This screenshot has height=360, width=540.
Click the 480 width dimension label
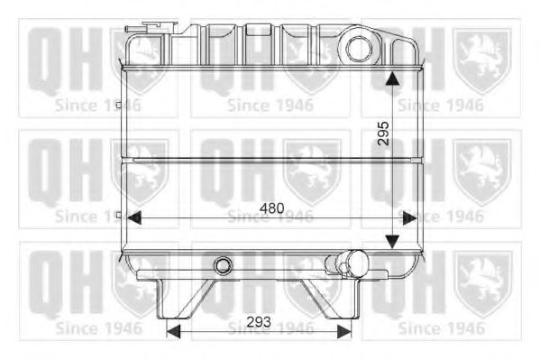[x=271, y=208]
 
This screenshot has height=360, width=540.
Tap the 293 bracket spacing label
[x=260, y=321]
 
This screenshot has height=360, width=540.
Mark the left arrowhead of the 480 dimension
[x=133, y=217]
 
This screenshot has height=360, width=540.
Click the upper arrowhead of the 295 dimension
[x=391, y=79]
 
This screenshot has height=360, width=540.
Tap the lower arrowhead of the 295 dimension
[x=391, y=241]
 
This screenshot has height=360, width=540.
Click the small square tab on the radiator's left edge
[x=119, y=215]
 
